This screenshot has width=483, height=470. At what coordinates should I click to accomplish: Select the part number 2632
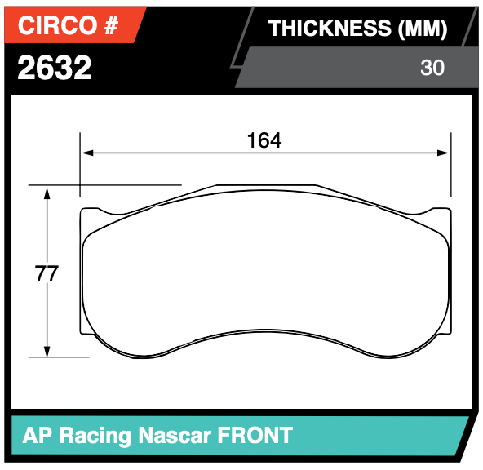click(x=55, y=68)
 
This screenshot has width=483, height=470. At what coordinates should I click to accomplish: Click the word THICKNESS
click(x=330, y=29)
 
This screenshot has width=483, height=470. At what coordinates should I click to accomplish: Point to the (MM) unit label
click(x=422, y=29)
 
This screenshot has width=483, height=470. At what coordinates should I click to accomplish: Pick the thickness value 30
click(x=432, y=68)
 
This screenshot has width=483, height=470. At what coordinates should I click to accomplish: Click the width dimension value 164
click(x=264, y=140)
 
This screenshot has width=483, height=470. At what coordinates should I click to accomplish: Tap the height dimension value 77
click(x=47, y=273)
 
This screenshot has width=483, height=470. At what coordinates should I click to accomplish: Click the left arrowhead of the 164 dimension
click(x=86, y=152)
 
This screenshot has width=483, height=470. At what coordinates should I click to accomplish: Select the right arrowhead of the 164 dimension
click(x=445, y=152)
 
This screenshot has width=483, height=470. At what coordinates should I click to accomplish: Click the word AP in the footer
click(x=35, y=435)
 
